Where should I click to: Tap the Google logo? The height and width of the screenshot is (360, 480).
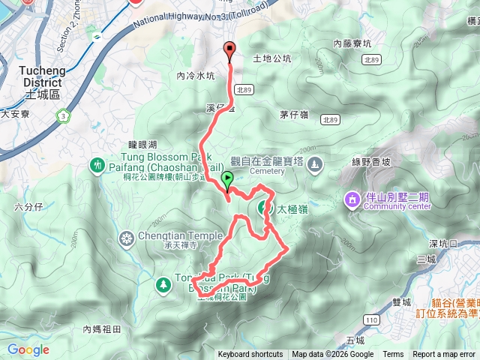coord(28,349)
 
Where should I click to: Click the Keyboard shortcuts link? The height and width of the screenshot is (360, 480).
coord(250,355)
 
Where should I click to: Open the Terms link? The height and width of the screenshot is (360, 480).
coord(393,355)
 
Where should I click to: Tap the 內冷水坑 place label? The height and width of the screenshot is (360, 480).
coord(196,76)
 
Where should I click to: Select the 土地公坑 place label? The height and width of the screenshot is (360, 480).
coord(271,58)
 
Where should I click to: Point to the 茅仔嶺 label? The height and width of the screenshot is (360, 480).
coord(295,115)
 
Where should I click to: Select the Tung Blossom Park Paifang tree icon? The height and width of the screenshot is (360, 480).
coord(97,164)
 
